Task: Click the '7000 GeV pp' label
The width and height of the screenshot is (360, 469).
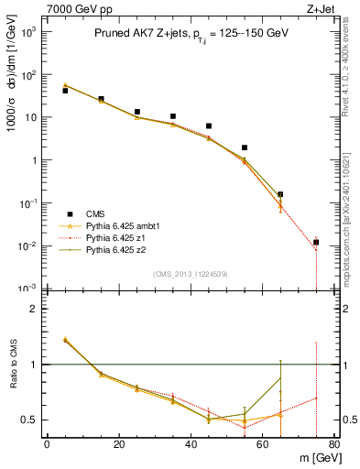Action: tap(75, 8)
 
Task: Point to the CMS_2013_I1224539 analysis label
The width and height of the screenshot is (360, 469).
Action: tap(190, 274)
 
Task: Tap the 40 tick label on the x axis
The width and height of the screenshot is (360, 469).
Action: tap(191, 445)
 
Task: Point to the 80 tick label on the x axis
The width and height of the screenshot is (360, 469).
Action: tap(333, 445)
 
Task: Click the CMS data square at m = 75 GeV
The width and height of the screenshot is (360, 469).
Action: tap(316, 243)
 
